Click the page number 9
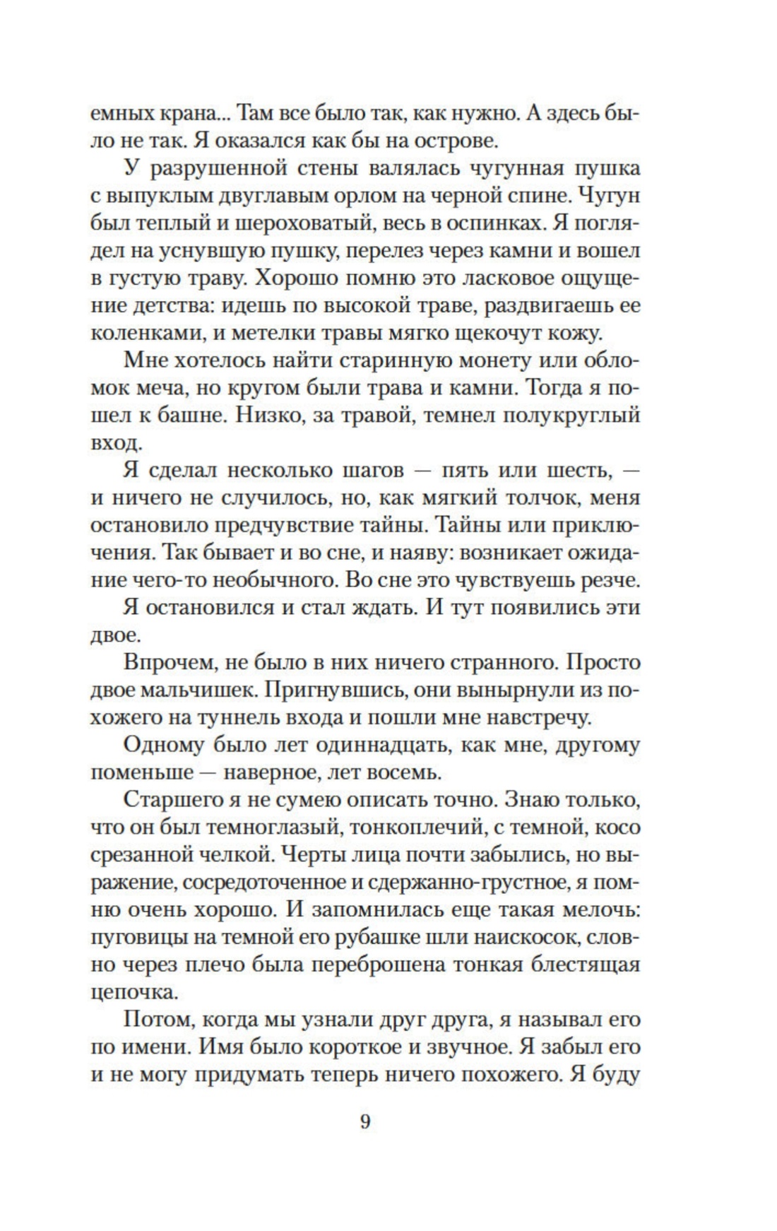pyautogui.click(x=364, y=1121)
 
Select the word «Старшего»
pyautogui.click(x=177, y=800)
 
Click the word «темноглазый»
pyautogui.click(x=286, y=827)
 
